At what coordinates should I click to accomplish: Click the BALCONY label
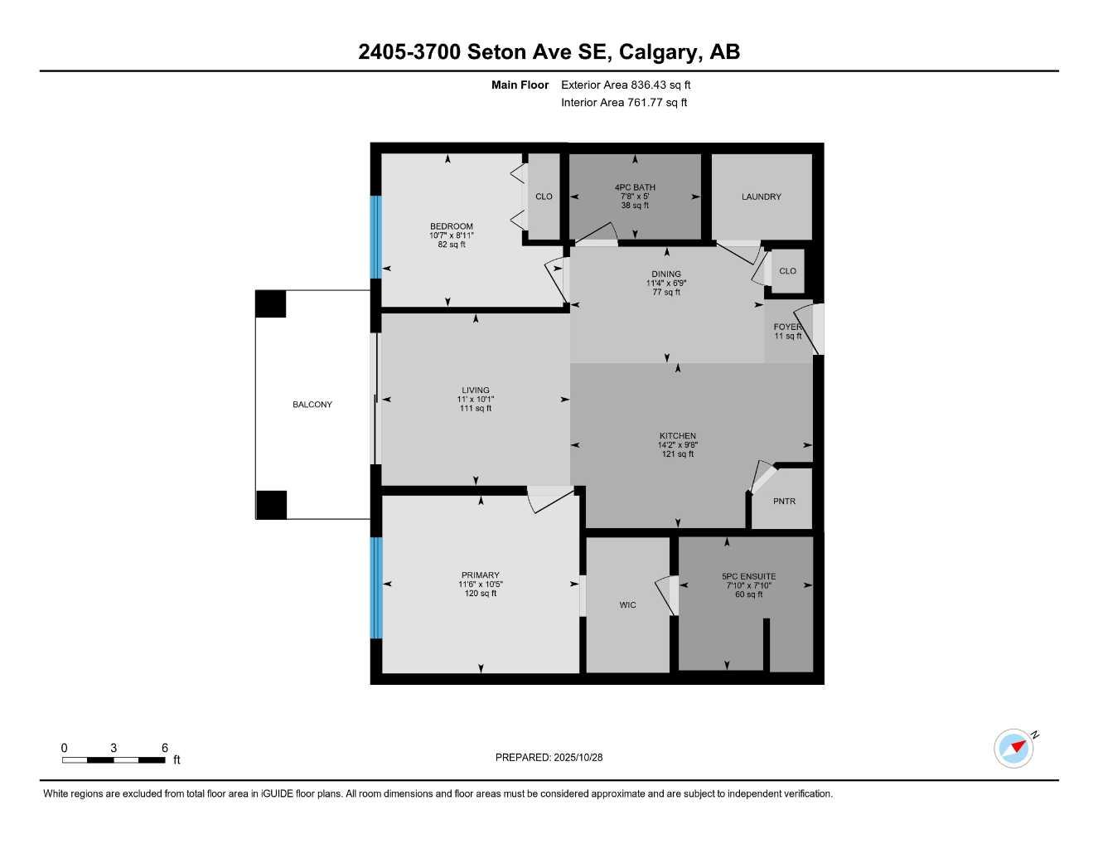tap(312, 405)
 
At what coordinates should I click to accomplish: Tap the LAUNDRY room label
tap(761, 197)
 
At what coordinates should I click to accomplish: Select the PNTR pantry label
tap(784, 502)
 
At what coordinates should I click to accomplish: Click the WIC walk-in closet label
tap(627, 605)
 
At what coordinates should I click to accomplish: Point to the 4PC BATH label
tap(635, 187)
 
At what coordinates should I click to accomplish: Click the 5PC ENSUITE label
tap(748, 576)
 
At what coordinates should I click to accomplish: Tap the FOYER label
tap(786, 327)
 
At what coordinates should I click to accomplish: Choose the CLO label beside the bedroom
tap(544, 196)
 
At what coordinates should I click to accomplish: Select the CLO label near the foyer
tap(787, 271)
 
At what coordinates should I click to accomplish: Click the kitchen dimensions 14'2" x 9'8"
tap(677, 445)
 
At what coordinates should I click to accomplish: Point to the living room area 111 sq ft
tap(476, 408)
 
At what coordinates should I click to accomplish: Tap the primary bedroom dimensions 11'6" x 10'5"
tap(481, 585)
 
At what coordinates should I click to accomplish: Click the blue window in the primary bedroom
tap(376, 587)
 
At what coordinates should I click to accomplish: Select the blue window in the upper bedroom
tap(376, 236)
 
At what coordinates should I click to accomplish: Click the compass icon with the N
tap(1014, 748)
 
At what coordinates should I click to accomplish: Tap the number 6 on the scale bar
tap(164, 748)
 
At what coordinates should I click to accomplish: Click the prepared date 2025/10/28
tap(578, 757)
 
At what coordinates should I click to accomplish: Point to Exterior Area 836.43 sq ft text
tap(626, 85)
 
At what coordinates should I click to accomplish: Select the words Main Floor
tap(520, 85)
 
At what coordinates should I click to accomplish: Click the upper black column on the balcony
tap(270, 303)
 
